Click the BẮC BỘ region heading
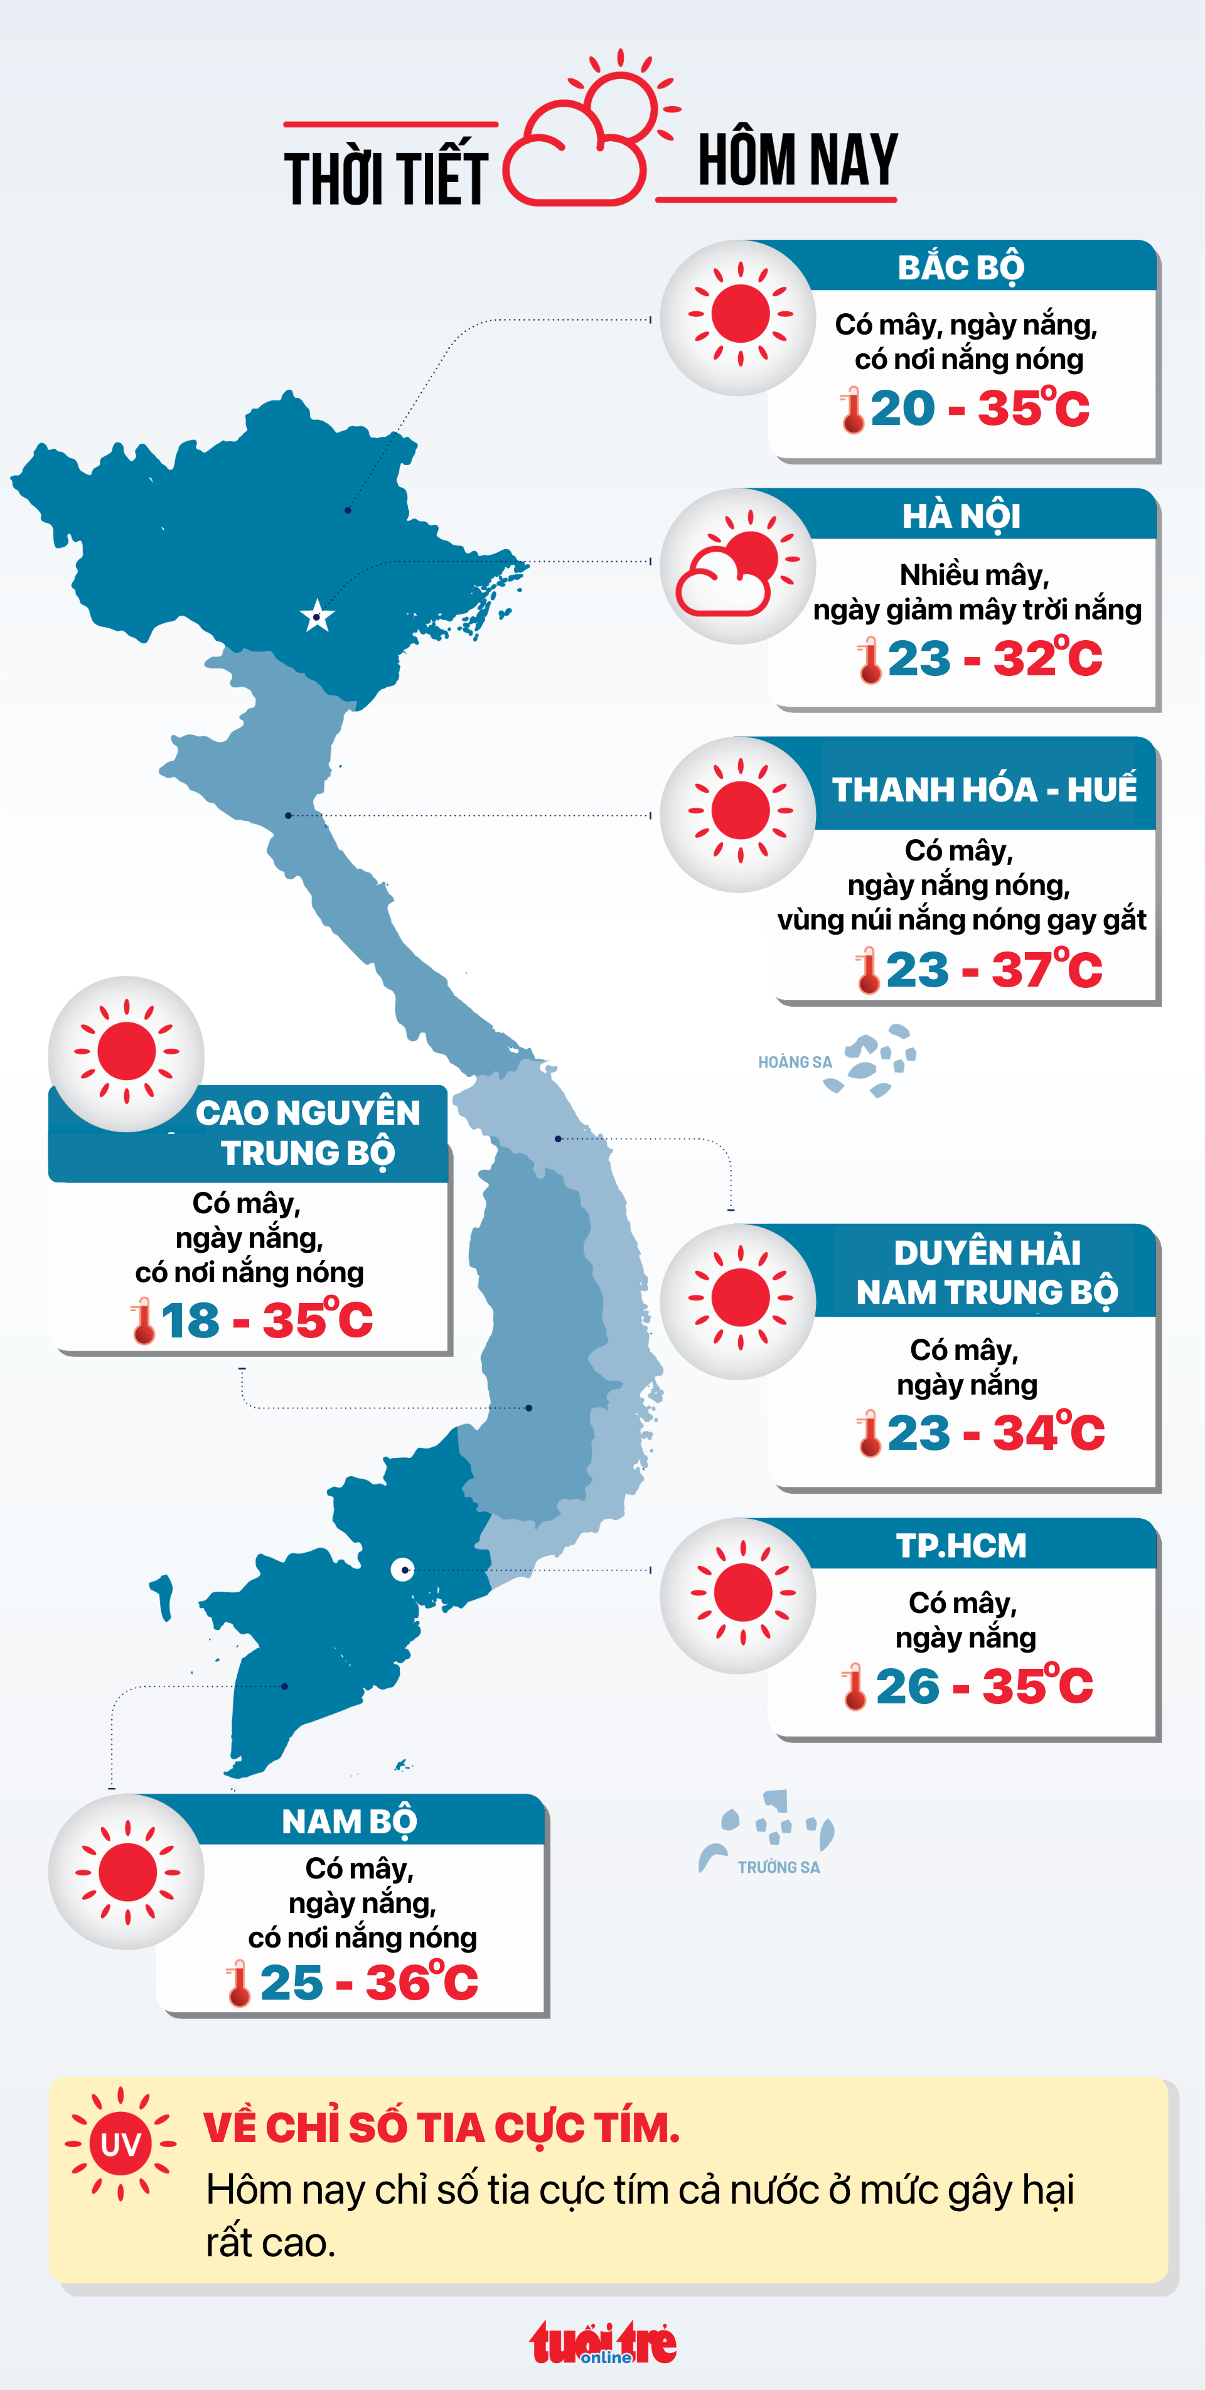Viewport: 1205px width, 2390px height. click(x=961, y=267)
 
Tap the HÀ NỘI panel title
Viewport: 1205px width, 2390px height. click(x=961, y=516)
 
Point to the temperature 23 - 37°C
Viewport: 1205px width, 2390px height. click(x=993, y=970)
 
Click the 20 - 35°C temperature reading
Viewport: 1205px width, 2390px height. click(x=978, y=408)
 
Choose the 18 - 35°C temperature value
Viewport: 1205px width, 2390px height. click(x=266, y=1321)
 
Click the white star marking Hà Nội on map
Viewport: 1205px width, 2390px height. click(x=317, y=616)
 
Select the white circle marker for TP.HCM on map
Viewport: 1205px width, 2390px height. click(x=402, y=1569)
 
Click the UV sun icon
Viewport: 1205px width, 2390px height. click(x=120, y=2143)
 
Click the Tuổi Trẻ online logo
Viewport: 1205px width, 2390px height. click(x=603, y=2343)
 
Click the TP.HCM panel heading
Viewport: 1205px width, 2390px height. click(x=961, y=1546)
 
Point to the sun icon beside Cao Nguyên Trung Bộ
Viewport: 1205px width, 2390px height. click(x=126, y=1053)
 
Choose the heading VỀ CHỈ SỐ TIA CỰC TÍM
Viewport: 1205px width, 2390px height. click(x=442, y=2128)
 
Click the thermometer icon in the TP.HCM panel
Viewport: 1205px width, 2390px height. click(x=854, y=1686)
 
